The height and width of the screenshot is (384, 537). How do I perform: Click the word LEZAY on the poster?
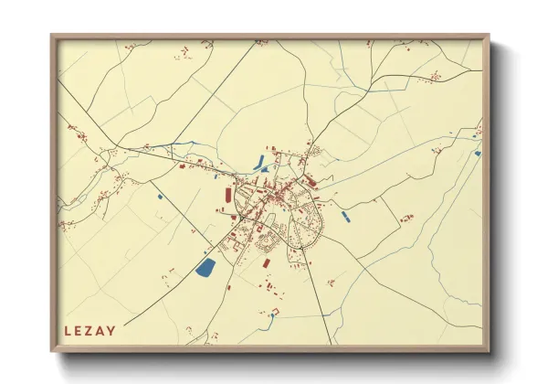[x=90, y=330]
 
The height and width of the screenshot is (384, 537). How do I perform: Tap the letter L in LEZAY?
[x=68, y=330]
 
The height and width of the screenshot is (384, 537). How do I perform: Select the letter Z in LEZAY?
[x=90, y=330]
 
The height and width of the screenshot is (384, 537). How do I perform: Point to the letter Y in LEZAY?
[x=111, y=330]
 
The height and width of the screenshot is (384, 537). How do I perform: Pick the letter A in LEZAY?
[x=101, y=330]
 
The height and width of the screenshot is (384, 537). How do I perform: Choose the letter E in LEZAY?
[x=79, y=330]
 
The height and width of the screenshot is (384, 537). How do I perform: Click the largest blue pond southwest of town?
[x=205, y=268]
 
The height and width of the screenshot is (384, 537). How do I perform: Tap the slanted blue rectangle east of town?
[x=345, y=217]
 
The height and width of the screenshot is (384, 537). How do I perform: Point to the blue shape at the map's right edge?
[x=477, y=153]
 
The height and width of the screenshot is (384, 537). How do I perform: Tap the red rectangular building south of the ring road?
[x=267, y=262]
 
